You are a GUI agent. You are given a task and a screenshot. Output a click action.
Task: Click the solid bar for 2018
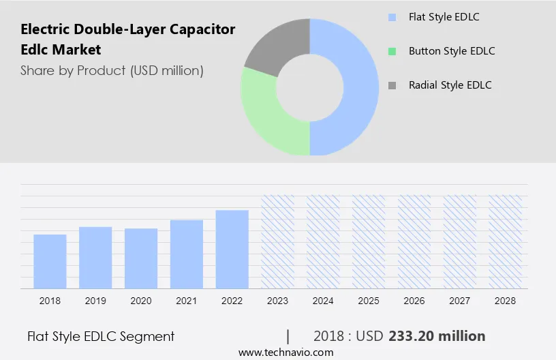tap(50, 261)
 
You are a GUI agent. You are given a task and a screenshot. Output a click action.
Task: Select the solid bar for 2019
tap(95, 257)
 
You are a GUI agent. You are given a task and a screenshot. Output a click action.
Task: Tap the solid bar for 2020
tap(141, 258)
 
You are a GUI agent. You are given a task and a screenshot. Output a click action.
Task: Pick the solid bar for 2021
tap(187, 254)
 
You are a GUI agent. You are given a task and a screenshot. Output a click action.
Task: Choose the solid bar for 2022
tap(232, 249)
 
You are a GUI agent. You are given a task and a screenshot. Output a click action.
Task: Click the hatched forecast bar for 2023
tap(278, 241)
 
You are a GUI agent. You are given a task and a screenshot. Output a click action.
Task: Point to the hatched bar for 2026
tap(414, 241)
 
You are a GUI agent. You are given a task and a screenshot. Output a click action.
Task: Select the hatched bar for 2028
tap(506, 241)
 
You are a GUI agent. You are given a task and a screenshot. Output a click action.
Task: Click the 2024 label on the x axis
tap(323, 301)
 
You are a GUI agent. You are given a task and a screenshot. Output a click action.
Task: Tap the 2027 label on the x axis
tap(460, 301)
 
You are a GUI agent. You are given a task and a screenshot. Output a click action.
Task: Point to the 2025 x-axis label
tap(369, 301)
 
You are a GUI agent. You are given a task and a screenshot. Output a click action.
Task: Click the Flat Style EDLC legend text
tap(444, 16)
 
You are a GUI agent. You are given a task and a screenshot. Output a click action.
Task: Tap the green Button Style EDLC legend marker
tap(392, 51)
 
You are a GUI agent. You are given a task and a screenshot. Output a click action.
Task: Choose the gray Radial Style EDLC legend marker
tap(392, 85)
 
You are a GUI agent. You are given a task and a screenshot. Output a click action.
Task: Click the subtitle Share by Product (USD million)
tap(112, 70)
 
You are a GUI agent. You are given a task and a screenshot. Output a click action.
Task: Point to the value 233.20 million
tap(437, 336)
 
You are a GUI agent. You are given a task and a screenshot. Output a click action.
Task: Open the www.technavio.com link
tap(285, 352)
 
